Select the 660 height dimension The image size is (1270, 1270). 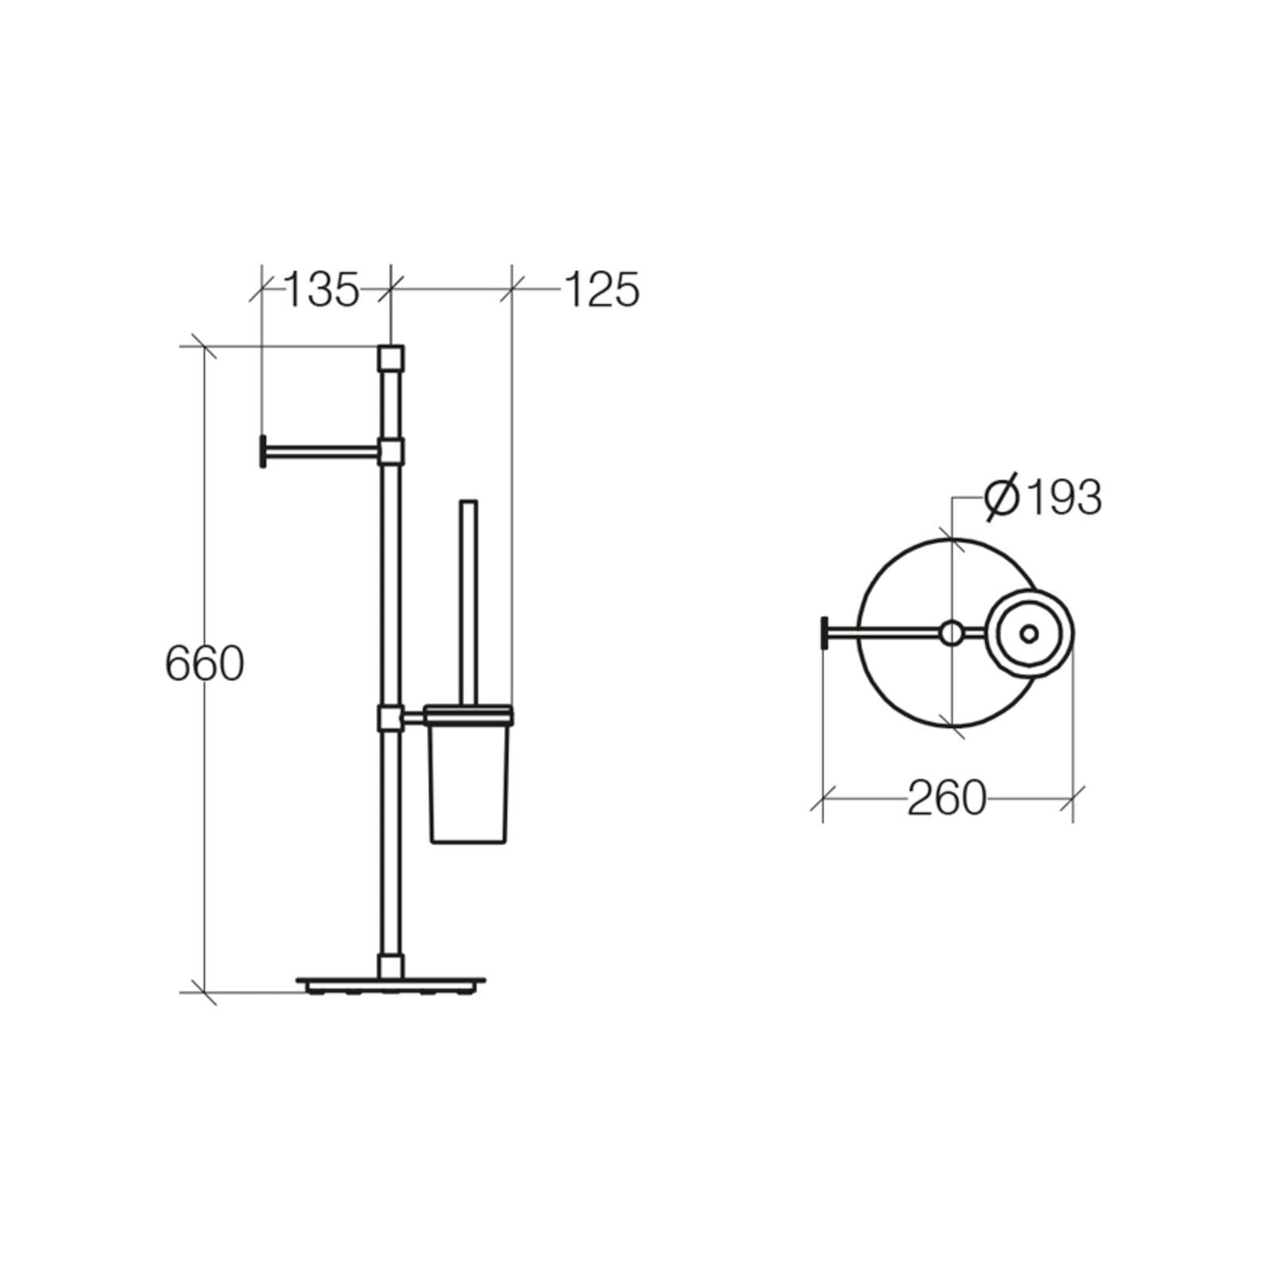pos(204,664)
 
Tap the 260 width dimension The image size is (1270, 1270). pos(946,798)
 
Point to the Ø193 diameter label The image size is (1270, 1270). pos(1043,498)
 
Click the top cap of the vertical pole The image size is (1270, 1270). pos(391,359)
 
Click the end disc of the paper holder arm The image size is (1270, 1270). pos(263,451)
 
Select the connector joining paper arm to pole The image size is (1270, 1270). pos(391,452)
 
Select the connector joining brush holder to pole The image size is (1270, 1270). pos(390,718)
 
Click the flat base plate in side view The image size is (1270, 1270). pos(391,983)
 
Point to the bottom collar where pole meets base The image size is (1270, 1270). pos(390,966)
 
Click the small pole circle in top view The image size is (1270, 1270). pos(951,633)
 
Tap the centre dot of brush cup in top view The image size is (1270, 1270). pos(1029,633)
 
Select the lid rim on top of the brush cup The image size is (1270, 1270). pos(468,715)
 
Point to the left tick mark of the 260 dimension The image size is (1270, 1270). pos(823,798)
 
